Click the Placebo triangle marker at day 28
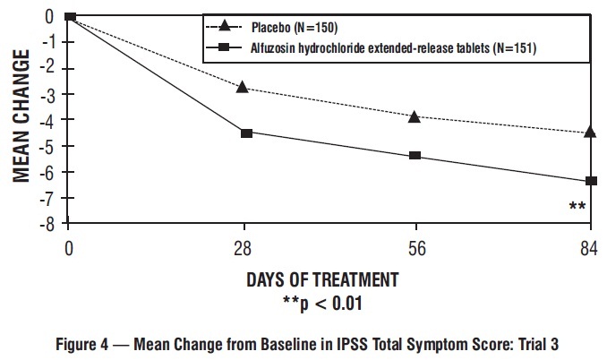point(242,87)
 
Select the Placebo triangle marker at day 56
point(415,116)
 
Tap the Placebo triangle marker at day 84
point(590,132)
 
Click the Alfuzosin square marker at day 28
point(246,133)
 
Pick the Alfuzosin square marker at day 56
point(415,156)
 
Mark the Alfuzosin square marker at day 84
point(590,181)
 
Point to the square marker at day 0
point(70,16)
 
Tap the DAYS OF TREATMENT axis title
point(322,279)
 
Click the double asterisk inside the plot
point(577,208)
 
